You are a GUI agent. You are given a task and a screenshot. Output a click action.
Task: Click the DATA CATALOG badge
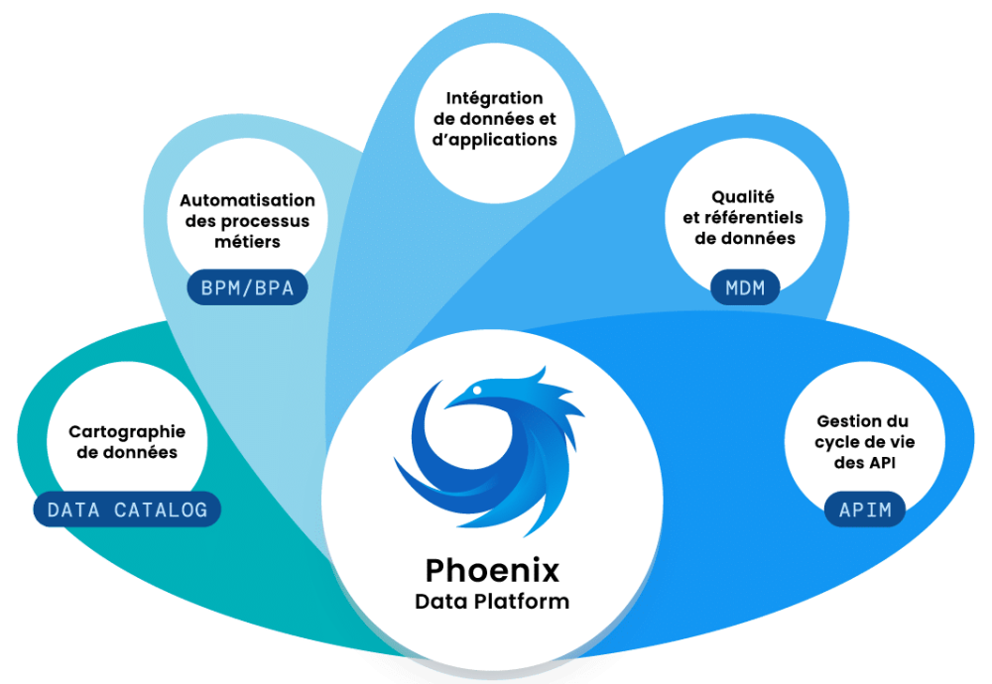point(127,510)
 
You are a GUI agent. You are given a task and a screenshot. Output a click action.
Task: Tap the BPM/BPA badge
point(247,288)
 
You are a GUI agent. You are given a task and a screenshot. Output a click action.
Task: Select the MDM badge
point(745,288)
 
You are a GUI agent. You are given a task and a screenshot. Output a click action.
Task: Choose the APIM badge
point(865,511)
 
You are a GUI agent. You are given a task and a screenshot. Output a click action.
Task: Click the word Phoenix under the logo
point(492,570)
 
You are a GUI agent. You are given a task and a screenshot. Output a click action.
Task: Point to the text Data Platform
point(492,602)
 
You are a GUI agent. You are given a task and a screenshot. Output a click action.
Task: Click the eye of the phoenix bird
point(478,394)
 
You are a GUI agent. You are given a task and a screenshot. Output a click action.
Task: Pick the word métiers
point(247,242)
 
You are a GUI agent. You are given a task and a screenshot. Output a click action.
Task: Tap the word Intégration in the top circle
point(494,97)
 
